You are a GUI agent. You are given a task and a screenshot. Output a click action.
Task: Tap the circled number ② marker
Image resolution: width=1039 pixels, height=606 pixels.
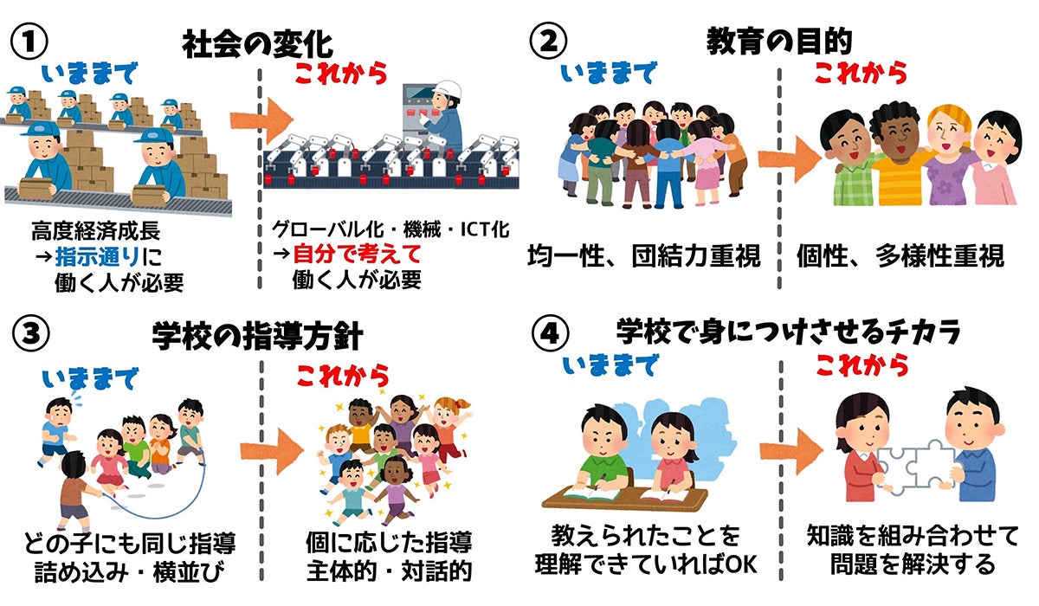pos(550,41)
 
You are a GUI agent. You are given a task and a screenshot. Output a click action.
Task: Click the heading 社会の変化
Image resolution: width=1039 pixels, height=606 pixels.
pos(257,43)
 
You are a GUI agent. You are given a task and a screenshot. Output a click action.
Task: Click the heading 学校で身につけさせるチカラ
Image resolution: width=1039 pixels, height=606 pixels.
pos(778,331)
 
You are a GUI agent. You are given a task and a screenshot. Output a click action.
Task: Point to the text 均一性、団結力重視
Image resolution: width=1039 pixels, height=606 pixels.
pos(643,256)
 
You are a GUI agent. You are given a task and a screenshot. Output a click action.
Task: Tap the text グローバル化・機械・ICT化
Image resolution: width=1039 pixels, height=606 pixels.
pos(390,229)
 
